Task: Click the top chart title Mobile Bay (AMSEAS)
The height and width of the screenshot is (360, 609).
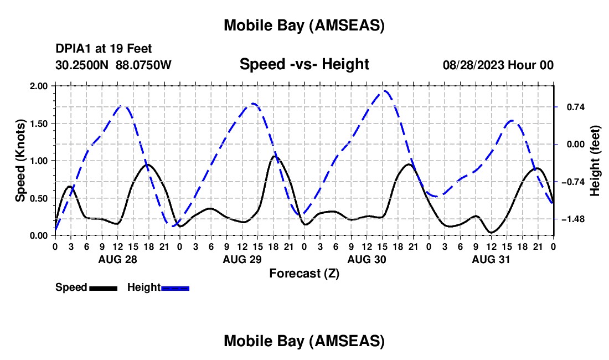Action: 304,25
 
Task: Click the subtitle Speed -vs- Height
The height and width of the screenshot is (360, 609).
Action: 304,64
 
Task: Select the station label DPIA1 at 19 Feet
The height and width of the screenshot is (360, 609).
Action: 104,49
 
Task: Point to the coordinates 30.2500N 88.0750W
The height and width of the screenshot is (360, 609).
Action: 113,65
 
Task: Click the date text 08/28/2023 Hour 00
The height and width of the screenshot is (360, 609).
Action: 498,65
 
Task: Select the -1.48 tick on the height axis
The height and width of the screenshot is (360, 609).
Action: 570,220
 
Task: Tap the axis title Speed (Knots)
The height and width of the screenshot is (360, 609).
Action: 20,161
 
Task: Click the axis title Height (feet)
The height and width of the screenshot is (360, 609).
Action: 595,161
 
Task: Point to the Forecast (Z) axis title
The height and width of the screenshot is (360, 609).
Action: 304,273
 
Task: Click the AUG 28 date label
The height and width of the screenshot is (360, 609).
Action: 117,259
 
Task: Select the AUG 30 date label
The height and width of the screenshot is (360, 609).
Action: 366,259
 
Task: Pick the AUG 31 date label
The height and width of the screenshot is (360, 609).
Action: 491,259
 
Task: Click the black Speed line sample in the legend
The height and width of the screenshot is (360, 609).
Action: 103,288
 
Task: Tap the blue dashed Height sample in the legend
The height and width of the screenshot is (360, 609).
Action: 176,288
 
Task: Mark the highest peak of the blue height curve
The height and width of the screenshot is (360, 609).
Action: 384,91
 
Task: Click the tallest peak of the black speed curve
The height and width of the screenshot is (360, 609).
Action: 274,156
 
